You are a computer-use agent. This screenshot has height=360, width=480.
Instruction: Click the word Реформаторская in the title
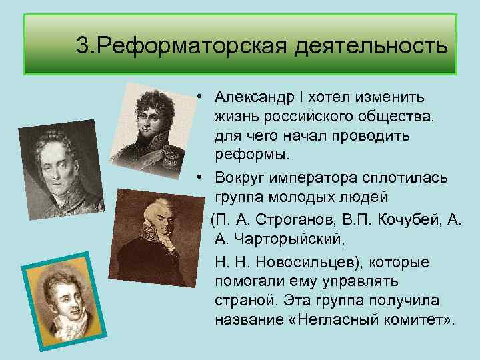(192, 47)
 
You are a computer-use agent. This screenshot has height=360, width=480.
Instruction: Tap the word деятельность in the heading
(371, 45)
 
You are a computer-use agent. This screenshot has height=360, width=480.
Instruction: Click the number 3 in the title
(83, 45)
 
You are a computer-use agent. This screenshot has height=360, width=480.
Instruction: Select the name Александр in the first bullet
(255, 97)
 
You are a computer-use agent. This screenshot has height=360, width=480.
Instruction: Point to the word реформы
(252, 155)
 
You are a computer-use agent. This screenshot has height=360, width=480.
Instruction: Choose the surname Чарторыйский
(289, 239)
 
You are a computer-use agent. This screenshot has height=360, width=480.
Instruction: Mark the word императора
(313, 179)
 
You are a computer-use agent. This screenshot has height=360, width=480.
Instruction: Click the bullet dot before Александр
(199, 97)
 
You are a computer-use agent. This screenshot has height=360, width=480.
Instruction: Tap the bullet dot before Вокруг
(199, 177)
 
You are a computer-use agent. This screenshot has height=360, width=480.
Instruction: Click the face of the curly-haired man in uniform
(151, 119)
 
